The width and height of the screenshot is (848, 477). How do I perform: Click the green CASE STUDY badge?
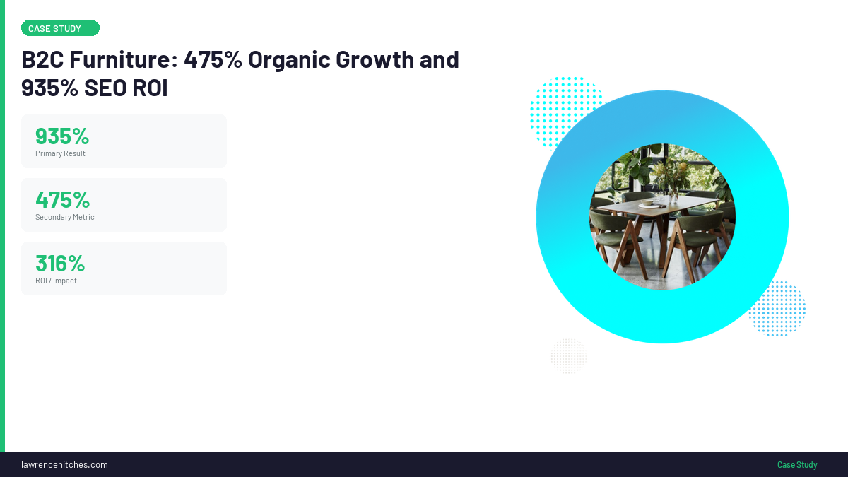point(60,28)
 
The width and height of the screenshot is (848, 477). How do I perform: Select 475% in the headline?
point(213,60)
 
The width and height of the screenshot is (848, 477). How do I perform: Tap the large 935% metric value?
point(62,136)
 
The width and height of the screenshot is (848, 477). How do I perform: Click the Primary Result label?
point(60,153)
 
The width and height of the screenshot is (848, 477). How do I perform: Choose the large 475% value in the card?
point(62,199)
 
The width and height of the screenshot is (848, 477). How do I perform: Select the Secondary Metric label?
point(64,217)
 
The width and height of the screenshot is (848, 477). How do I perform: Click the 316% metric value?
point(60,263)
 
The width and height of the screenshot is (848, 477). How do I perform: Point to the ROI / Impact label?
point(56,281)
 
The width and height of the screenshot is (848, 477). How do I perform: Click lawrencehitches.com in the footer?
point(64,464)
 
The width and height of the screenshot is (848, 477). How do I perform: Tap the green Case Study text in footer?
point(797,464)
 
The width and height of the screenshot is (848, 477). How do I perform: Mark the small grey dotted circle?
point(569,355)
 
